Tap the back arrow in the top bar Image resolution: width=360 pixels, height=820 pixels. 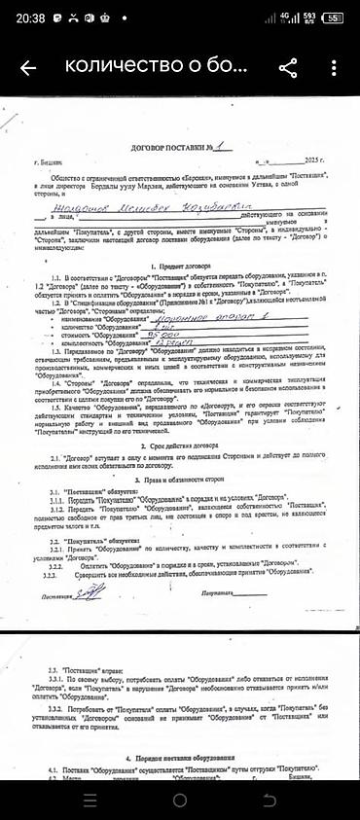(x=27, y=67)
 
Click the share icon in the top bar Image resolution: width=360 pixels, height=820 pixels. (x=288, y=67)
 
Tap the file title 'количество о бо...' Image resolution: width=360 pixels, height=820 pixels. (x=150, y=67)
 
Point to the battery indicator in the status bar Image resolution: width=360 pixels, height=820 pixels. (x=334, y=17)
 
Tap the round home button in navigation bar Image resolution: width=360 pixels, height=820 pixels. (x=180, y=800)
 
